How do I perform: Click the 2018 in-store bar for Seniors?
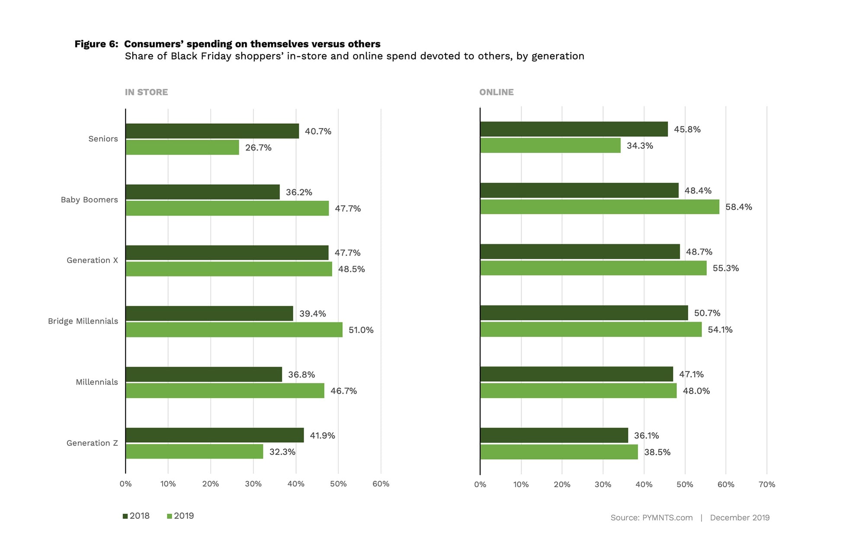[x=212, y=131]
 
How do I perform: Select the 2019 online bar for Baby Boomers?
[x=599, y=207]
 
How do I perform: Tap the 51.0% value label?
[x=361, y=330]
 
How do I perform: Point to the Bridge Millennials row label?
[x=83, y=321]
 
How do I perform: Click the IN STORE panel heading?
[x=146, y=92]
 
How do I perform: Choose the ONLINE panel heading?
[x=496, y=92]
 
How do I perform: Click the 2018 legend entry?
[x=136, y=516]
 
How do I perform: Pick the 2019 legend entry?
[x=180, y=516]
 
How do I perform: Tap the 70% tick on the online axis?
[x=767, y=485]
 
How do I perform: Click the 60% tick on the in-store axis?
[x=381, y=484]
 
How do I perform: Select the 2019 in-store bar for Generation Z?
[x=194, y=452]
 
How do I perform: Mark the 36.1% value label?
[x=646, y=436]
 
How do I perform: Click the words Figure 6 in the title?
[x=96, y=44]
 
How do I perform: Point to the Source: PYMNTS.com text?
[x=651, y=518]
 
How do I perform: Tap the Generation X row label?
[x=92, y=260]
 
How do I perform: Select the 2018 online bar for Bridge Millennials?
[x=584, y=313]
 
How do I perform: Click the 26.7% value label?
[x=258, y=148]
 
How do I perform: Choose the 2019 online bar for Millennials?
[x=578, y=391]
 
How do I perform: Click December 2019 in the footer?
[x=740, y=518]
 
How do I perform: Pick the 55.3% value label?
[x=725, y=268]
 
